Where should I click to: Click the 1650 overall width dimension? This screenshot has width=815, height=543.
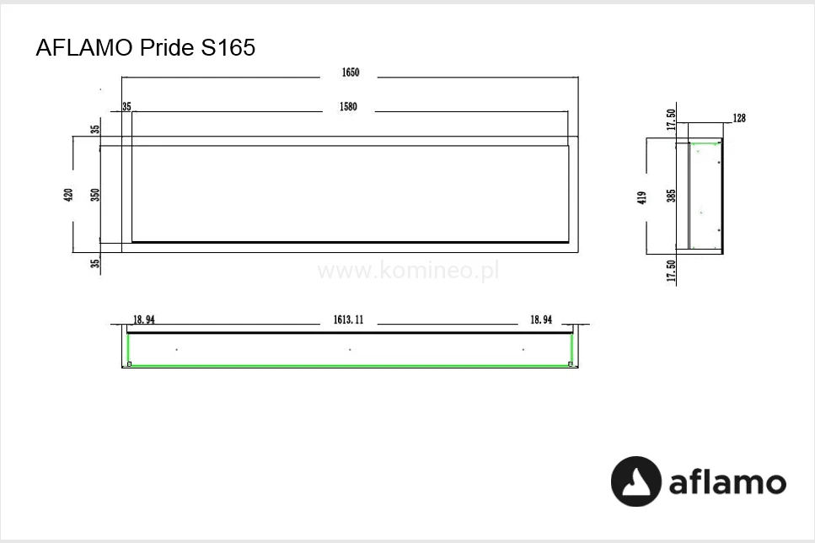pyautogui.click(x=351, y=73)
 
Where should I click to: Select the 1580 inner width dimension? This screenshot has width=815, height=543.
pyautogui.click(x=348, y=106)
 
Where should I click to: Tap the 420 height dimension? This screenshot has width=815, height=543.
pyautogui.click(x=68, y=195)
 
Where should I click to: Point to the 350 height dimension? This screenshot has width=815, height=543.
pyautogui.click(x=94, y=195)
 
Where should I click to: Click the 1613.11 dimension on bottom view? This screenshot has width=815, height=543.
pyautogui.click(x=348, y=320)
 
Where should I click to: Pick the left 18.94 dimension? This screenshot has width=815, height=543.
pyautogui.click(x=144, y=320)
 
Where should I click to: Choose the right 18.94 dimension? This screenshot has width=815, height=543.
pyautogui.click(x=541, y=320)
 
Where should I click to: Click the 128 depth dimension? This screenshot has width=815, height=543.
pyautogui.click(x=739, y=118)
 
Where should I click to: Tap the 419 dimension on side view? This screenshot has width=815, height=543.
pyautogui.click(x=642, y=197)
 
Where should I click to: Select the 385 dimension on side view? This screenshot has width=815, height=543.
pyautogui.click(x=671, y=196)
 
